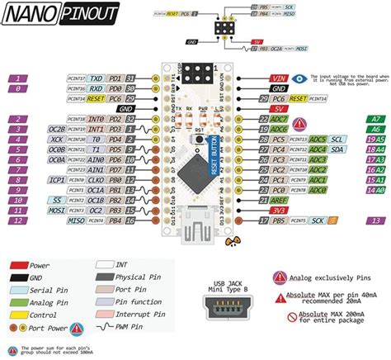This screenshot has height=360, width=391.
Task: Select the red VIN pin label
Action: [x=279, y=78]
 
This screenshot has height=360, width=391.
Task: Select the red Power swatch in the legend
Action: [x=20, y=266]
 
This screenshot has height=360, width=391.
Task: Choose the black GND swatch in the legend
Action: [x=20, y=278]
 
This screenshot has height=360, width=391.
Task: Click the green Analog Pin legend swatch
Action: [x=20, y=302]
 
